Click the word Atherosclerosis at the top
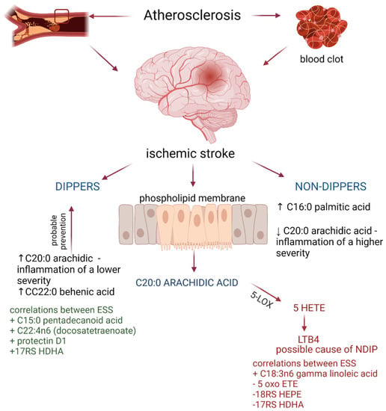(x=192, y=15)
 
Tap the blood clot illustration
(x=322, y=27)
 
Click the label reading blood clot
(x=322, y=59)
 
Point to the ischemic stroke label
(x=190, y=153)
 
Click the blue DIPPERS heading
(x=77, y=186)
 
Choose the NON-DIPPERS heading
(x=331, y=186)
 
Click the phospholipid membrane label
(x=192, y=198)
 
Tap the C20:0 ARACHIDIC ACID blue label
(x=187, y=282)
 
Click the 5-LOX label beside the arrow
(x=262, y=300)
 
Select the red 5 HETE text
(x=309, y=308)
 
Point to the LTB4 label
(x=308, y=340)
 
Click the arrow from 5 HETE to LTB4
(x=304, y=323)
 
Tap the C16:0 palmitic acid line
(x=324, y=207)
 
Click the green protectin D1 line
(x=38, y=341)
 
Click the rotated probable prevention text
(x=59, y=231)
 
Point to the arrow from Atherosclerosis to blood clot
(x=266, y=16)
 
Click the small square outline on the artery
(x=61, y=16)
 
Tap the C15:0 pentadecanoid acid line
(x=66, y=320)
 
